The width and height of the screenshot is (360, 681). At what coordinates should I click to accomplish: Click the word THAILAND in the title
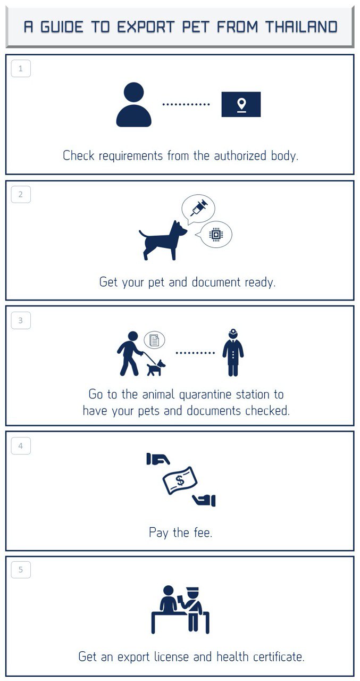(x=302, y=27)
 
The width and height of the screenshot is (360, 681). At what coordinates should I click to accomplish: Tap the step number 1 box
(x=21, y=69)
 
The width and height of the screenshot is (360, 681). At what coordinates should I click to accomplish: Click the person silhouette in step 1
(x=133, y=104)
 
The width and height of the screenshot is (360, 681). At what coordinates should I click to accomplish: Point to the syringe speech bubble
(x=198, y=209)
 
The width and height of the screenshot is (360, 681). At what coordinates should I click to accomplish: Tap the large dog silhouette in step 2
(x=163, y=240)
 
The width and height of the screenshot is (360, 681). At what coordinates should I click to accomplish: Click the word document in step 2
(x=216, y=282)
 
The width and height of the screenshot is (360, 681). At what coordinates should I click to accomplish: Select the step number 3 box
(x=21, y=320)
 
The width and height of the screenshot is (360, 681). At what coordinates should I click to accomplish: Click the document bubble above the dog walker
(x=154, y=340)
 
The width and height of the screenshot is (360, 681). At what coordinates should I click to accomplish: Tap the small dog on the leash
(x=156, y=368)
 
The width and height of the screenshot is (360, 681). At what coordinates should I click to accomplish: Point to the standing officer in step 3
(x=233, y=353)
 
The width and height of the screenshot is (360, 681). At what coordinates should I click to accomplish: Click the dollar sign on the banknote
(x=180, y=480)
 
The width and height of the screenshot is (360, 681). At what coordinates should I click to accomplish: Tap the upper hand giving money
(x=158, y=459)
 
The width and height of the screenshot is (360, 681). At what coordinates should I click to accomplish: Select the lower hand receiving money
(x=204, y=501)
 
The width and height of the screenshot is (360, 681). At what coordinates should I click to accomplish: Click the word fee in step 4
(x=203, y=533)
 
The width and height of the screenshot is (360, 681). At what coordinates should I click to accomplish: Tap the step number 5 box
(x=21, y=569)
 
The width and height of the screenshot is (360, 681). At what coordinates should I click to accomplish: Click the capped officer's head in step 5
(x=192, y=593)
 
